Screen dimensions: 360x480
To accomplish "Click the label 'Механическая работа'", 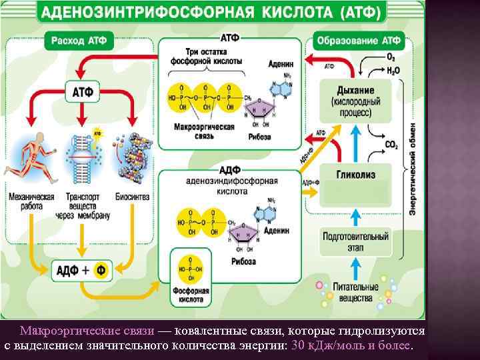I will point(31,201).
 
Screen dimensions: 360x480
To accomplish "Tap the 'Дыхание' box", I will point(355,101).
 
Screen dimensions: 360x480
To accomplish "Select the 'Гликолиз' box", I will point(355,175).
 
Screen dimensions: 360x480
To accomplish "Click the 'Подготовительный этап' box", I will point(355,241).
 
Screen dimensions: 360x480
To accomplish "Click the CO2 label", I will point(391,145).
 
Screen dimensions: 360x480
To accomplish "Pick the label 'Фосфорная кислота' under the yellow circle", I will point(193,295).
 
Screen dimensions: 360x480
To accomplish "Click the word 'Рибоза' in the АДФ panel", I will point(243,261).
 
